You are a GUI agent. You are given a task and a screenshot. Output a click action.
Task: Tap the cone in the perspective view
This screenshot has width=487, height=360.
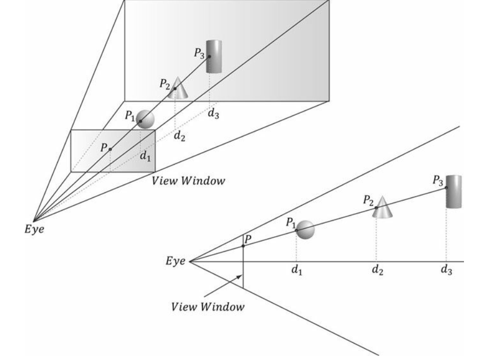(x=178, y=87)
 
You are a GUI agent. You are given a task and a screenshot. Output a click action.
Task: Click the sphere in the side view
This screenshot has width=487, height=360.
(x=305, y=230)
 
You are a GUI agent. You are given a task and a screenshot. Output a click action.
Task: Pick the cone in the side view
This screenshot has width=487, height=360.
(x=383, y=207)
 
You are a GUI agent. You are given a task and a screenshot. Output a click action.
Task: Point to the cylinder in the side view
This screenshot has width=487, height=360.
(x=454, y=191)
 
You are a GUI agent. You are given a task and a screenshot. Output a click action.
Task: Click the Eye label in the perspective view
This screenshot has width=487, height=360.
(x=35, y=229)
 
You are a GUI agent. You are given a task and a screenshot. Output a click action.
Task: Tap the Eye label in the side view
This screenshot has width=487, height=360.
(x=175, y=261)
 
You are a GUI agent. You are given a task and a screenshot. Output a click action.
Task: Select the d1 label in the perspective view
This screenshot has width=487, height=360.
(x=146, y=157)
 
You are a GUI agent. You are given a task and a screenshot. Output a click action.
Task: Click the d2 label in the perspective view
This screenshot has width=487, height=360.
(x=179, y=137)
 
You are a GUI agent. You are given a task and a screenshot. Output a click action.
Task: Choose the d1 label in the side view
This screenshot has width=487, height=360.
(x=297, y=270)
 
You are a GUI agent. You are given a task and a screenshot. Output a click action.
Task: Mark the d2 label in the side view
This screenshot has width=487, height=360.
(x=377, y=270)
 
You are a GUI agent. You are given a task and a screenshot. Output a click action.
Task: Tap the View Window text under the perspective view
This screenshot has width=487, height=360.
(x=188, y=181)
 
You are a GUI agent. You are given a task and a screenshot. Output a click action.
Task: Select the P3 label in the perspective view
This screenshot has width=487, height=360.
(x=200, y=52)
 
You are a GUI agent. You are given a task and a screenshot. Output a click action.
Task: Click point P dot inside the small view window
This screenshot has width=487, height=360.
(x=110, y=149)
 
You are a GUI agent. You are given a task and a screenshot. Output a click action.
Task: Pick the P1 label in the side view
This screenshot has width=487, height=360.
(x=291, y=222)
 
